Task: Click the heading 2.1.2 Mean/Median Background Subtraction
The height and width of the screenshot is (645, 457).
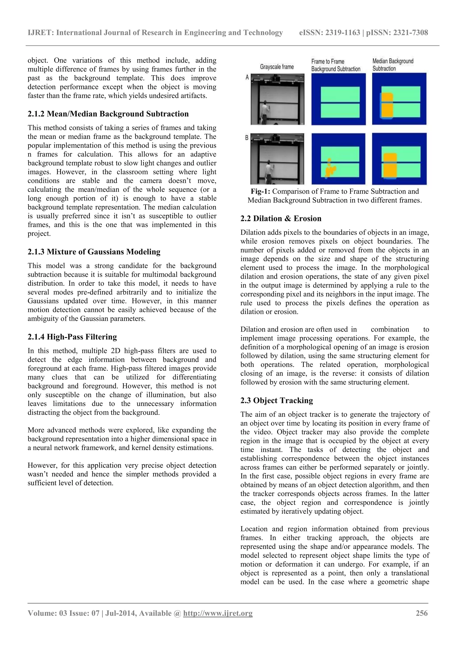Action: pos(108,114)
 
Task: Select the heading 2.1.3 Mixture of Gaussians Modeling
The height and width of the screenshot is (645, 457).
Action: pos(94,252)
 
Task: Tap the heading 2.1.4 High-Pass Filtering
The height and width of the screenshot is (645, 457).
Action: pos(72,337)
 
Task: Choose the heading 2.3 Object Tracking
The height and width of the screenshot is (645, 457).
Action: pos(277,400)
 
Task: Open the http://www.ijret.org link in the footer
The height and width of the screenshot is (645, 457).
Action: pos(218,613)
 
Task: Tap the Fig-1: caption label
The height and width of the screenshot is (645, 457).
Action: pos(261,192)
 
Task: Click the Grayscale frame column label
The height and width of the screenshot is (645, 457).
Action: pos(277,67)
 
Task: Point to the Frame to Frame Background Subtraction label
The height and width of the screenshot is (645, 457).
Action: pos(335,65)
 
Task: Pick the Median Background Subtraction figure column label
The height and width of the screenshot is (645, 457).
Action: pos(393,65)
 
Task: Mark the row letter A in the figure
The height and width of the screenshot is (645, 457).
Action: pos(247,77)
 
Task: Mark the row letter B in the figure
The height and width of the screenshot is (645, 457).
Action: pos(247,138)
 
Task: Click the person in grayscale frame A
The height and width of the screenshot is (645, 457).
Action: pos(265,112)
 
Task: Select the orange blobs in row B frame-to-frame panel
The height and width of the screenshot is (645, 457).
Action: pos(330,170)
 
